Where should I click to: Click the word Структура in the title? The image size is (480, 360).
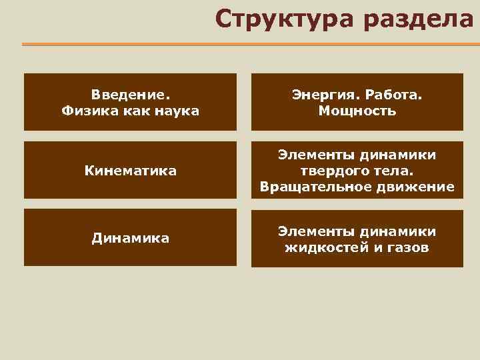283,19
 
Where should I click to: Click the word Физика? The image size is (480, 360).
87,111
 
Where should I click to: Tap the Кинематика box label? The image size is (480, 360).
130,171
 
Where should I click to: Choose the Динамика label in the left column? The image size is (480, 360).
130,238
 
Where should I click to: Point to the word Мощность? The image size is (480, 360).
357,111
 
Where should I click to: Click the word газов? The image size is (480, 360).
405,248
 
